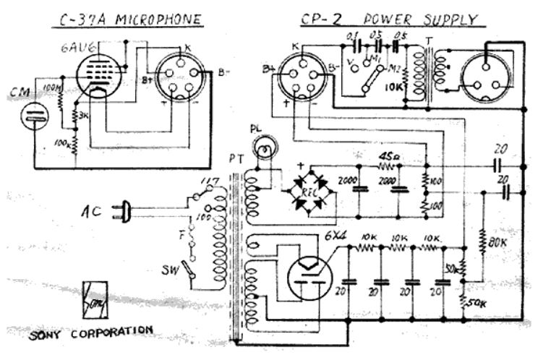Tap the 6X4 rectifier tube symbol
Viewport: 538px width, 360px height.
click(x=308, y=277)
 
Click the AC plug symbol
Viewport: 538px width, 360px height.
click(x=125, y=212)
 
